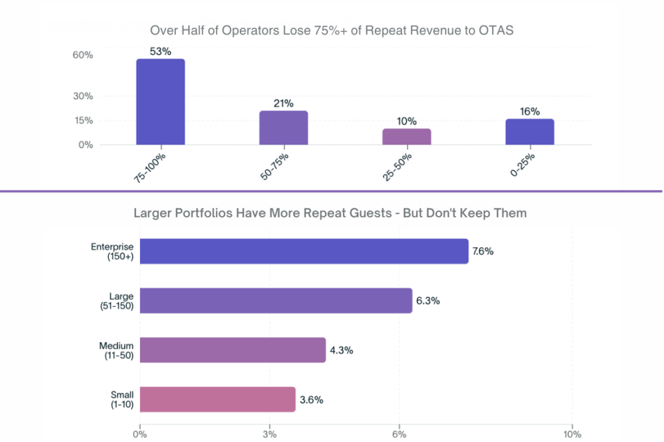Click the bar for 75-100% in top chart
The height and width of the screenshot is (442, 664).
click(160, 102)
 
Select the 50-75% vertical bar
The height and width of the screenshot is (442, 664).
click(283, 128)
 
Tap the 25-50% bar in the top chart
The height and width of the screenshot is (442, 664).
click(407, 136)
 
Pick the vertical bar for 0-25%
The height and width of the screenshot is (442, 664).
click(530, 132)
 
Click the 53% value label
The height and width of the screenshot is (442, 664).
click(160, 51)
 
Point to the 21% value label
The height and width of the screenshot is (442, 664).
click(283, 103)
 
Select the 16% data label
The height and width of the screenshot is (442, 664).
click(530, 111)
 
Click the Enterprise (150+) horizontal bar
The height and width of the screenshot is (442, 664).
click(303, 251)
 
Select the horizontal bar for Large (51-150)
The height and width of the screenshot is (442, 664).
click(276, 301)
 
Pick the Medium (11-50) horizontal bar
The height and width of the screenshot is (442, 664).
click(232, 350)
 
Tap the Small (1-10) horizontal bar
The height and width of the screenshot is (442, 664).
click(217, 399)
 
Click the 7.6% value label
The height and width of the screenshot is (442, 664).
click(483, 251)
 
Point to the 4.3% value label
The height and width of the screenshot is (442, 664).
click(340, 350)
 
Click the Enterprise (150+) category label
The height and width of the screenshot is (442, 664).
click(112, 251)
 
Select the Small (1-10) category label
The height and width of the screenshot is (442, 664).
click(121, 399)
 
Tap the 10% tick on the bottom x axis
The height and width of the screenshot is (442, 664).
click(572, 434)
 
